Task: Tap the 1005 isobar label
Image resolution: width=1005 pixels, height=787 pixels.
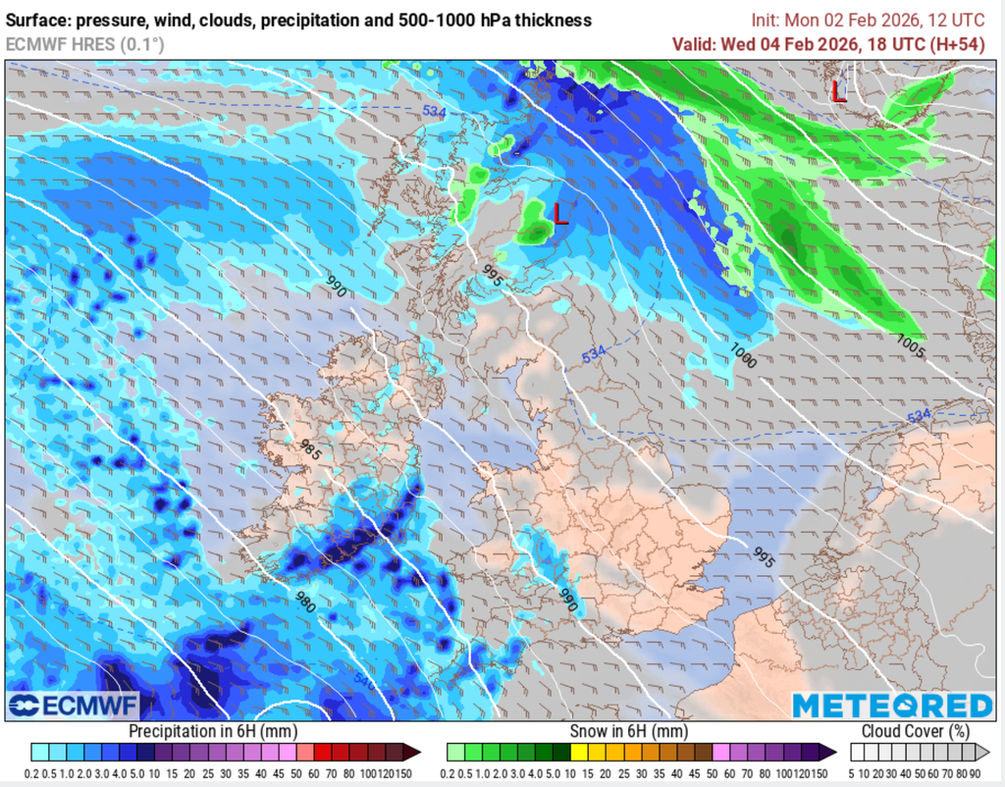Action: point(911,346)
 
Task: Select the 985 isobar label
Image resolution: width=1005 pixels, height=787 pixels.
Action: point(311,450)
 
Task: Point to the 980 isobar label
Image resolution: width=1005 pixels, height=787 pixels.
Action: point(305,602)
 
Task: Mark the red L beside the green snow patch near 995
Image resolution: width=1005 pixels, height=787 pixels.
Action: point(560,213)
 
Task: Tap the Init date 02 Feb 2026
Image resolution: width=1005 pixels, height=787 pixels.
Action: point(885,20)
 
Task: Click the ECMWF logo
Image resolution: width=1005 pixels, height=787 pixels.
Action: point(74,706)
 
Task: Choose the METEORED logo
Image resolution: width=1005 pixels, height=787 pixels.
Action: point(892,706)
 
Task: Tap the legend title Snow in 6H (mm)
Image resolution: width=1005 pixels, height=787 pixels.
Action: point(628,731)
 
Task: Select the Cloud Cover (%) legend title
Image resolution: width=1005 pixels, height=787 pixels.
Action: point(914,731)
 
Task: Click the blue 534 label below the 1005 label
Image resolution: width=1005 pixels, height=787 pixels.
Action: point(918,417)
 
